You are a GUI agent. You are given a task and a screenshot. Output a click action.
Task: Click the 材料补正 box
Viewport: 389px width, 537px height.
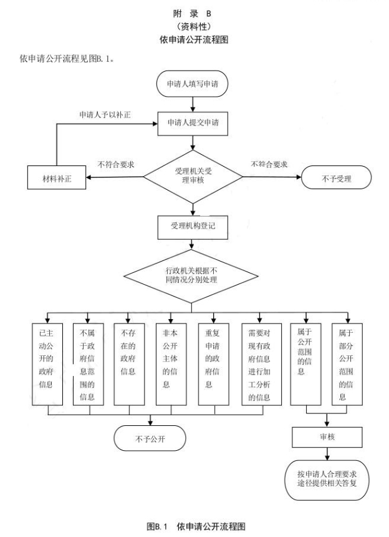55,177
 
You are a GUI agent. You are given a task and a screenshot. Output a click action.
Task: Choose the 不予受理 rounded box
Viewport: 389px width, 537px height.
337,177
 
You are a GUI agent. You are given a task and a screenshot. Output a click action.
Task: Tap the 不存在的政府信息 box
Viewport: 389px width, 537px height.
129,363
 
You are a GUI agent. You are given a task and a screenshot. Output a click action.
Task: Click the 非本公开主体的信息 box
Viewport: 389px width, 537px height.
170,363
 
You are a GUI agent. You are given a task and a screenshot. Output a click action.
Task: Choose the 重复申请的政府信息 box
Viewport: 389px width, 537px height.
213,363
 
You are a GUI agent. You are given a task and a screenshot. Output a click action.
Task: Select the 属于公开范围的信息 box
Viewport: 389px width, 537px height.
307,363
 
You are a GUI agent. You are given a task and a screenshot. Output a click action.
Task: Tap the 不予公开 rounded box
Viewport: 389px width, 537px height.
149,437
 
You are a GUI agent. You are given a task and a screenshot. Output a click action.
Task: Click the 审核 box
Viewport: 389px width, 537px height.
327,437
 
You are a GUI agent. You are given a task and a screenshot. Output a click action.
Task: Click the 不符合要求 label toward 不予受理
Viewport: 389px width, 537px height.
269,164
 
